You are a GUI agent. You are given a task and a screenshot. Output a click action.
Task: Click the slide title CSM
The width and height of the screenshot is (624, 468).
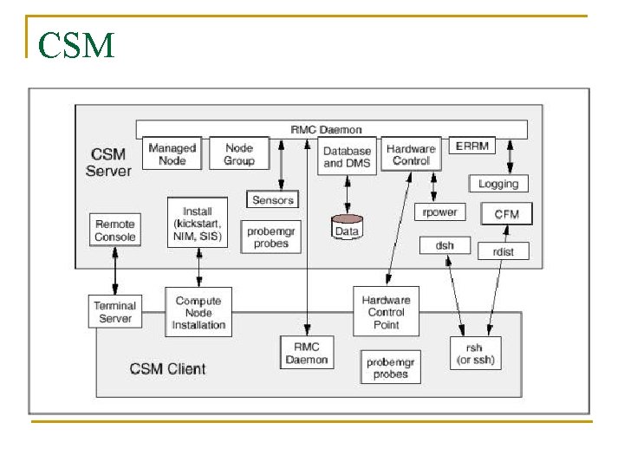pyautogui.click(x=76, y=45)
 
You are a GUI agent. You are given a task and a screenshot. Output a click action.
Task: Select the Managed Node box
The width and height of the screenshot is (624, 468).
pyautogui.click(x=172, y=154)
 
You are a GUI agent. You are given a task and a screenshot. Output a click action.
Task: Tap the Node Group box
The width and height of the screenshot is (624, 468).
pyautogui.click(x=239, y=154)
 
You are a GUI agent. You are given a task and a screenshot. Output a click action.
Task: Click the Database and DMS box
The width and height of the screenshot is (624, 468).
pyautogui.click(x=347, y=156)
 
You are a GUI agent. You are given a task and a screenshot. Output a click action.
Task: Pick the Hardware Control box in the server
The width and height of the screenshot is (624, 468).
pyautogui.click(x=411, y=154)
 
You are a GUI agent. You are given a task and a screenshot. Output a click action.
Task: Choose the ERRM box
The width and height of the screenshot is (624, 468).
pyautogui.click(x=471, y=146)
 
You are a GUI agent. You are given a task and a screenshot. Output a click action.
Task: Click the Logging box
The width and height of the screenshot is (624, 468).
pyautogui.click(x=498, y=184)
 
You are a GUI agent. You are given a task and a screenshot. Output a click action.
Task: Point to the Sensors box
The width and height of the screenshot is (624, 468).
pyautogui.click(x=273, y=200)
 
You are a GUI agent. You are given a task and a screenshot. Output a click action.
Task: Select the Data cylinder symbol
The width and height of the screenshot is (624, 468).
pyautogui.click(x=347, y=229)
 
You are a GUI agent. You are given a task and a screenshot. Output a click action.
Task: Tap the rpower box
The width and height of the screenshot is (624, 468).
pyautogui.click(x=440, y=211)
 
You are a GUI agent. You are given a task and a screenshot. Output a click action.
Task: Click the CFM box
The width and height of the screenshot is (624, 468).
pyautogui.click(x=506, y=213)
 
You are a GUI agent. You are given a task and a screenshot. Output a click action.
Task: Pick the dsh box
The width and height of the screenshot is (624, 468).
pyautogui.click(x=445, y=245)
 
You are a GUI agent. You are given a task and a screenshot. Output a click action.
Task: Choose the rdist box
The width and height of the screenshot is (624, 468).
pyautogui.click(x=504, y=251)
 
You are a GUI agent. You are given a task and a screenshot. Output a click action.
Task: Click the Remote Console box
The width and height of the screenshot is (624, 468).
pyautogui.click(x=115, y=230)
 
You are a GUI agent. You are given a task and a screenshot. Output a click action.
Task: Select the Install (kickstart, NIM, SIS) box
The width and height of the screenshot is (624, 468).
pyautogui.click(x=198, y=223)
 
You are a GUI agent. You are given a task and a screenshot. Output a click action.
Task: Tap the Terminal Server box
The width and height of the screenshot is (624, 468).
pyautogui.click(x=115, y=312)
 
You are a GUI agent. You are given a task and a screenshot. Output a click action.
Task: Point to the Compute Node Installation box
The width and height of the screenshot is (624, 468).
pyautogui.click(x=198, y=313)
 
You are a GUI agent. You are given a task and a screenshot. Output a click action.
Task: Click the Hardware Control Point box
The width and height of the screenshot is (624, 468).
pyautogui.click(x=386, y=312)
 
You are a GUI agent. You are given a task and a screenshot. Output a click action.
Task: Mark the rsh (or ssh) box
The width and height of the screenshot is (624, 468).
pyautogui.click(x=474, y=353)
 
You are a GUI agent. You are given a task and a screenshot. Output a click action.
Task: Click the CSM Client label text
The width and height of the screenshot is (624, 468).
pyautogui.click(x=168, y=368)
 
